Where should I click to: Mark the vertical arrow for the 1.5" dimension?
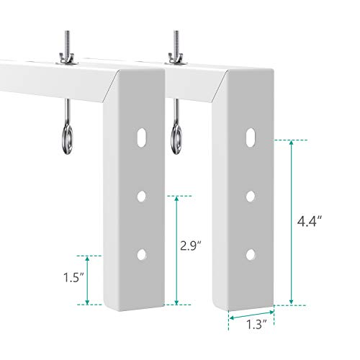(87, 279)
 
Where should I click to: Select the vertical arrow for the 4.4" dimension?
(292, 222)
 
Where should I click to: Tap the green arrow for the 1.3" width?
(251, 313)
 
